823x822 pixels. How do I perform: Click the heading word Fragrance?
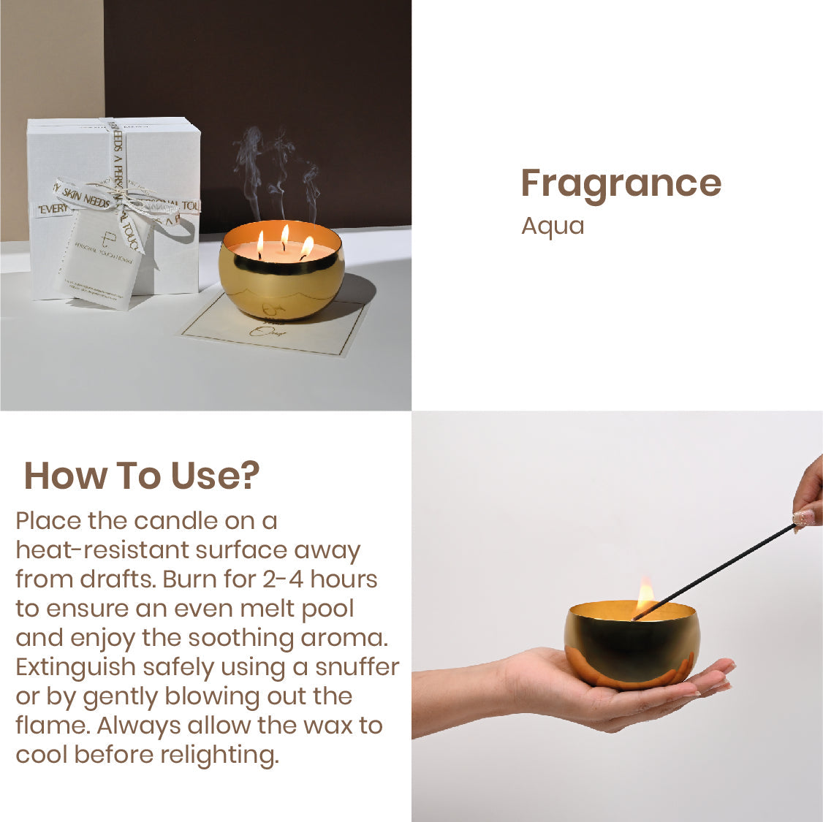pos(621,183)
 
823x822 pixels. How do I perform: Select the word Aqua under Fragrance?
pos(553,226)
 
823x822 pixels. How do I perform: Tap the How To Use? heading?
pos(142,476)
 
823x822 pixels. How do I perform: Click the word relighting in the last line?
pos(219,755)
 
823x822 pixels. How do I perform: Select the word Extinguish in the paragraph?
pos(76,667)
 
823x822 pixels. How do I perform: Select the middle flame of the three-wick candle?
pos(284,234)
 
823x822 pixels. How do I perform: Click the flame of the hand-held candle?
pos(645,592)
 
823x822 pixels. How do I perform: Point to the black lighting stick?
pos(716,570)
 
